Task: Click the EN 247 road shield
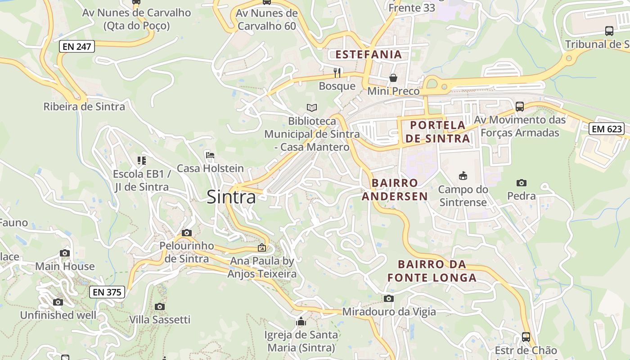tap(76, 46)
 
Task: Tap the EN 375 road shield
tap(107, 292)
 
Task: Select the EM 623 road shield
tap(607, 129)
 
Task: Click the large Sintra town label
tap(231, 197)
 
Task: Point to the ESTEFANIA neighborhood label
tap(369, 54)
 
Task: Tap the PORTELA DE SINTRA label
tap(437, 131)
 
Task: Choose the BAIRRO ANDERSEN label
tap(395, 189)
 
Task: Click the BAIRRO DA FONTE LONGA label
tap(432, 271)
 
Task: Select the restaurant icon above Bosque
tap(337, 72)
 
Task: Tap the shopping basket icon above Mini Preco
tap(393, 78)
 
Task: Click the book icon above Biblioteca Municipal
tap(312, 108)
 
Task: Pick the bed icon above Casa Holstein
tap(210, 156)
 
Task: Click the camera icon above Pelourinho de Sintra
tap(187, 233)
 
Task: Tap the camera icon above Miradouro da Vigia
tap(389, 298)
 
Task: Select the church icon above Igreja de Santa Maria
tap(301, 321)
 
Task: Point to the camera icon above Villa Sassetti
tap(160, 306)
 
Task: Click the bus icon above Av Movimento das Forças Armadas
tap(520, 107)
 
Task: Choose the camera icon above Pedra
tap(522, 183)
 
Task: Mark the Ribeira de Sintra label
tap(84, 107)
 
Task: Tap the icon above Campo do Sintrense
tap(463, 175)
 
